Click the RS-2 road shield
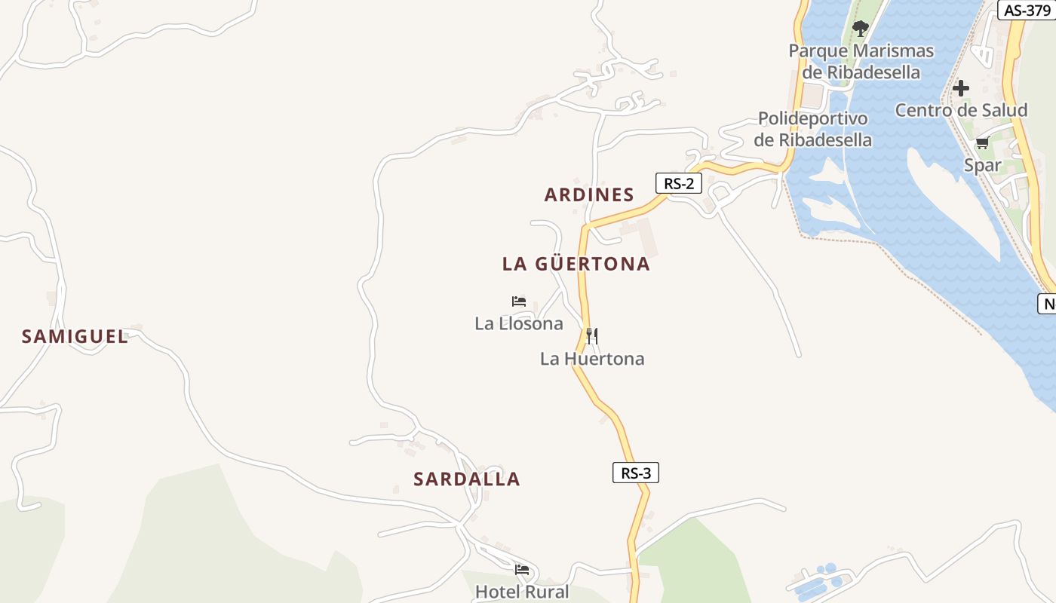click(678, 183)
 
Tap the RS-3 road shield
click(635, 473)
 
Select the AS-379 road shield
click(1027, 10)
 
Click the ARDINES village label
click(589, 194)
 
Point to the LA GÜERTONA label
click(576, 264)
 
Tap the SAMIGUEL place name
click(75, 336)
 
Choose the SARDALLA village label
click(467, 479)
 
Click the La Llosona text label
click(519, 323)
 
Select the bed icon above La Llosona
click(519, 301)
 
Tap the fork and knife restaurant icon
click(592, 335)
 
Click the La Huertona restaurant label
click(592, 359)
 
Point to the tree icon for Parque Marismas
click(860, 29)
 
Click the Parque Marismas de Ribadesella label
click(861, 62)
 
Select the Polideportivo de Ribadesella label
click(813, 129)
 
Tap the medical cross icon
click(961, 88)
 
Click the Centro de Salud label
click(961, 110)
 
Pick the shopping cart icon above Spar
click(982, 143)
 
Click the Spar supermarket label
click(982, 165)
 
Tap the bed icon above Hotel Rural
click(522, 569)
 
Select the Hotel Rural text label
click(522, 592)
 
